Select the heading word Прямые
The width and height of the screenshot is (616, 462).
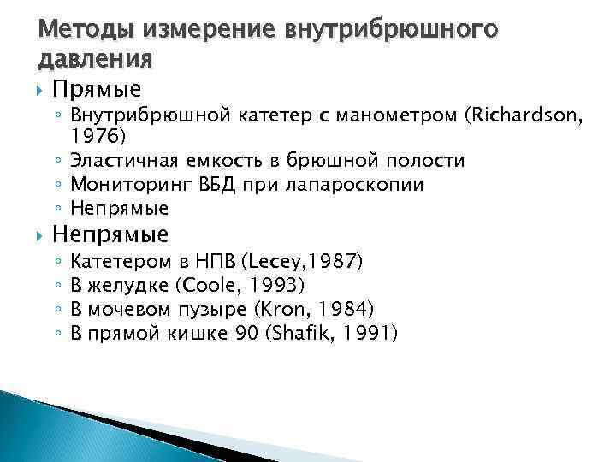tap(97, 90)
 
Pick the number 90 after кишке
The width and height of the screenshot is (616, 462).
tap(244, 332)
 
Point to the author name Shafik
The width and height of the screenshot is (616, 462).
tap(299, 332)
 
